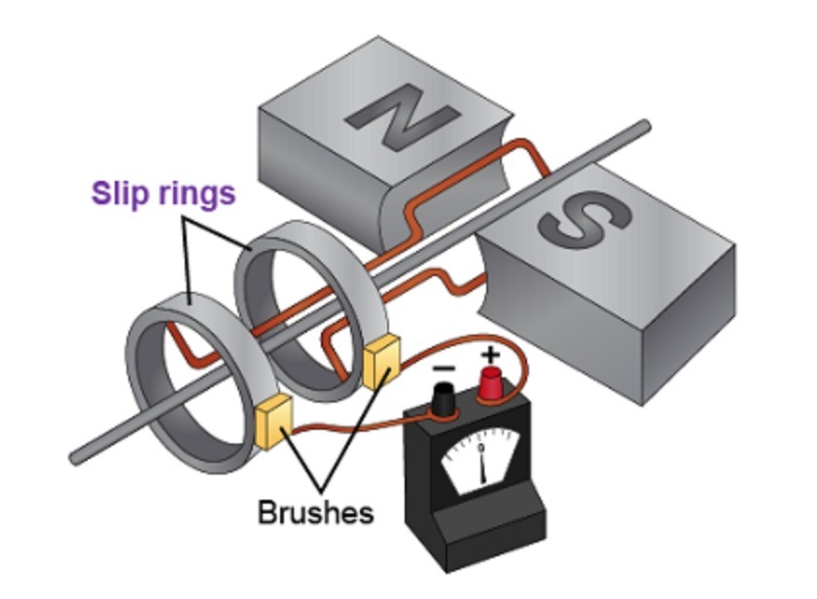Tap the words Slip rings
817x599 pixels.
pos(163,194)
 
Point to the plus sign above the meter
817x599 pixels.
pos(489,353)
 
